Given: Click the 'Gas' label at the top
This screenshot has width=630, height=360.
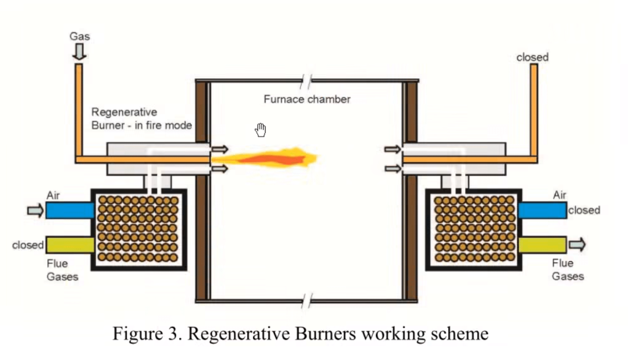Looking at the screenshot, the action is [79, 36].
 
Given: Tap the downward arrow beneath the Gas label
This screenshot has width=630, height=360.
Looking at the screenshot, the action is [79, 52].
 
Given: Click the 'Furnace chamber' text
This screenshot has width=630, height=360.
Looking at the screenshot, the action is [307, 99].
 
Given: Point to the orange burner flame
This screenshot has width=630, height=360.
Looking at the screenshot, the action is [265, 158].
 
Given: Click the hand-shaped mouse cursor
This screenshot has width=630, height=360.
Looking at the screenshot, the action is [260, 130].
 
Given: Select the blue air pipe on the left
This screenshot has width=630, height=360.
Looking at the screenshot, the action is [70, 210].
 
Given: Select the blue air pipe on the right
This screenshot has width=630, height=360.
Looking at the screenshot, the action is [543, 210].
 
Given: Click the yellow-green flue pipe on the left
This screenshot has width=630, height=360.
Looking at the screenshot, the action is [70, 245].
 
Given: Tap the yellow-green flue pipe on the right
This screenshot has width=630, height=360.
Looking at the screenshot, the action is [543, 245].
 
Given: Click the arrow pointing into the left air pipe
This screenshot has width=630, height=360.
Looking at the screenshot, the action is [35, 210].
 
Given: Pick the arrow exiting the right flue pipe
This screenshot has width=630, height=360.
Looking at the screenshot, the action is [577, 244].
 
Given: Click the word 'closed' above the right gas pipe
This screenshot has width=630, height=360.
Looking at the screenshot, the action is [532, 57].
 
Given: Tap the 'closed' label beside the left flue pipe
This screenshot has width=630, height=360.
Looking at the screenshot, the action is [28, 245].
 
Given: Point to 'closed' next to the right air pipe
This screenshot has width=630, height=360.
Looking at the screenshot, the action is [584, 210].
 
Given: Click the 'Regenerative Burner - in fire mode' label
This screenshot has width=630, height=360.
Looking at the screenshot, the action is [142, 119].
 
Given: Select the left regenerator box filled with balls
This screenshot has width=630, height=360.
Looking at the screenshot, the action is [139, 230].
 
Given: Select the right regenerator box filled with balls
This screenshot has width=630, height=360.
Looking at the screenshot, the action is [474, 230].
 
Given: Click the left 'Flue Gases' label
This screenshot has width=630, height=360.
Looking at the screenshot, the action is [62, 270].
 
